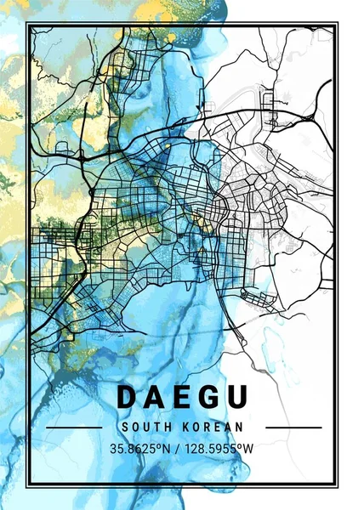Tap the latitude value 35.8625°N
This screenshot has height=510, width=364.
pos(141,448)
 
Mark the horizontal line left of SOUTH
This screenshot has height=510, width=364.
pos(73,427)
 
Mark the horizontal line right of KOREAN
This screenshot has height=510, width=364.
pos(289,427)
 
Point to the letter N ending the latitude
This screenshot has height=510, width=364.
pos(169,448)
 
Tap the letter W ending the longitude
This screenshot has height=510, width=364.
pos(251,448)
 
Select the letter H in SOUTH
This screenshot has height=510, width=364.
pos(168,427)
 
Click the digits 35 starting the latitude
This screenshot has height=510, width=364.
pos(117,448)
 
